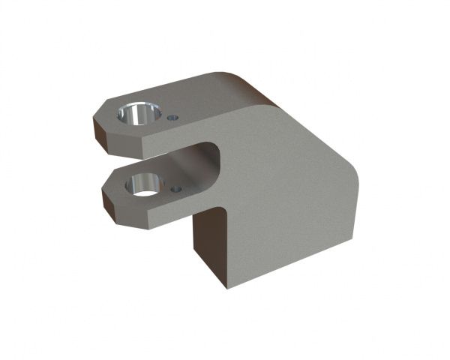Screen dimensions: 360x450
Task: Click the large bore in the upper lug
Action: click(139, 115)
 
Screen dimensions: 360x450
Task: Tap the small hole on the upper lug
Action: click(174, 117)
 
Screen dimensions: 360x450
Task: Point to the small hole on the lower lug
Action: click(176, 189)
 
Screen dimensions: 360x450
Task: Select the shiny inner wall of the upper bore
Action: click(133, 117)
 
